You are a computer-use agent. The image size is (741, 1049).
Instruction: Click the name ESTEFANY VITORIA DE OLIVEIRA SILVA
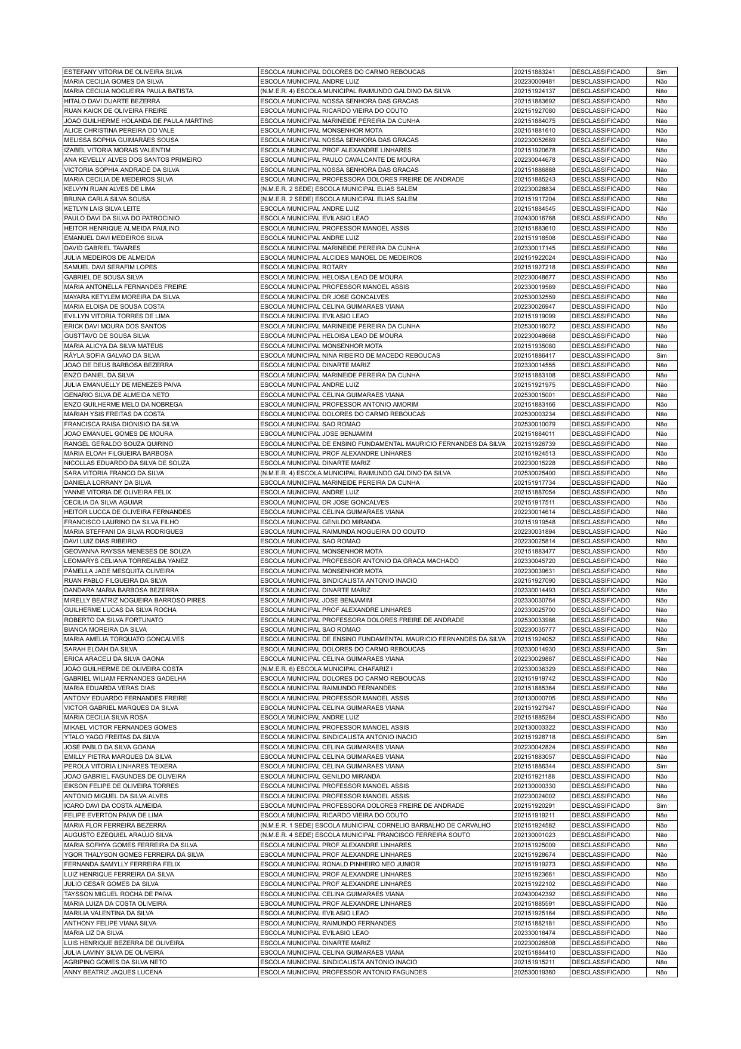pyautogui.click(x=123, y=72)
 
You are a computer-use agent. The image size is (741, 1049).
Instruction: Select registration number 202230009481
pyautogui.click(x=534, y=81)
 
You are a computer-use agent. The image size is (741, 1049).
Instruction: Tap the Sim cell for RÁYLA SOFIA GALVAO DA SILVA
pyautogui.click(x=661, y=355)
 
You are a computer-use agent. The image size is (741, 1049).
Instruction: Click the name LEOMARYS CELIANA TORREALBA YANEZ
pyautogui.click(x=126, y=561)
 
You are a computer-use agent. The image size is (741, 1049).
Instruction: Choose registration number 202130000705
pyautogui.click(x=534, y=698)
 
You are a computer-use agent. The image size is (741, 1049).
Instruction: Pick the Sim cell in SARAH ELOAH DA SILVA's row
pyautogui.click(x=661, y=649)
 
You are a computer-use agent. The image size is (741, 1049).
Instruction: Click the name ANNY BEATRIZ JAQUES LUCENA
pyautogui.click(x=113, y=972)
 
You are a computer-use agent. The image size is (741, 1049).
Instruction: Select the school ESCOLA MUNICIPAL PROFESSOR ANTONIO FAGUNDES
pyautogui.click(x=344, y=972)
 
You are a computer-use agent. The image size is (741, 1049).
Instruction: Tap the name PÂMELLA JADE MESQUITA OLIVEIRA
pyautogui.click(x=119, y=571)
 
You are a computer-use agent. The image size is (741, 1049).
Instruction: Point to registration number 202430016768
pyautogui.click(x=534, y=218)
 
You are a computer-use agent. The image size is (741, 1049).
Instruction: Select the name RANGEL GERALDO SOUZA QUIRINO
pyautogui.click(x=119, y=444)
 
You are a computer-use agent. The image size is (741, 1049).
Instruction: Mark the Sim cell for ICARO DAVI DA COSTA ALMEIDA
pyautogui.click(x=661, y=805)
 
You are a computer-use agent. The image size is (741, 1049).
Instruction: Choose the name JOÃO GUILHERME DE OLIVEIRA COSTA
pyautogui.click(x=123, y=669)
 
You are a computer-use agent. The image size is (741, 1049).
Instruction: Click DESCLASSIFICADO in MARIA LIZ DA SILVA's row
pyautogui.click(x=600, y=933)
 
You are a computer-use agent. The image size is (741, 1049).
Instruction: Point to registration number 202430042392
pyautogui.click(x=534, y=894)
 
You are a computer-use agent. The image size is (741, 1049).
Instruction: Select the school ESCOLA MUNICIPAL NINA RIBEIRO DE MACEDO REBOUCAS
pyautogui.click(x=350, y=355)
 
